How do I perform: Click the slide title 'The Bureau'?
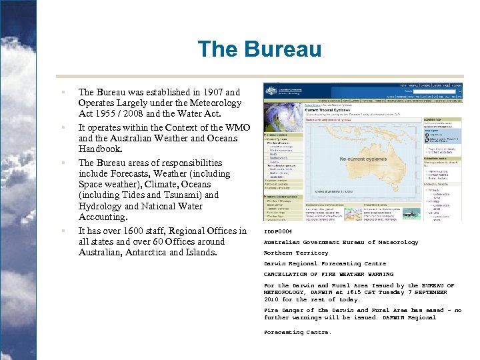pos(259,49)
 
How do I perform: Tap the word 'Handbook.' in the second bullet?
pos(100,149)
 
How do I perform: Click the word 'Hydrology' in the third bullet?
pos(100,207)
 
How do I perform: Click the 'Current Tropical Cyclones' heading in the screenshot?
pos(331,110)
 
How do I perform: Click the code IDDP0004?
pos(278,231)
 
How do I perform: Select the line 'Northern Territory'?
pos(296,253)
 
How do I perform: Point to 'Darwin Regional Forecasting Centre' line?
pos(325,263)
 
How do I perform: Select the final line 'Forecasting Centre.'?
pos(297,332)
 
